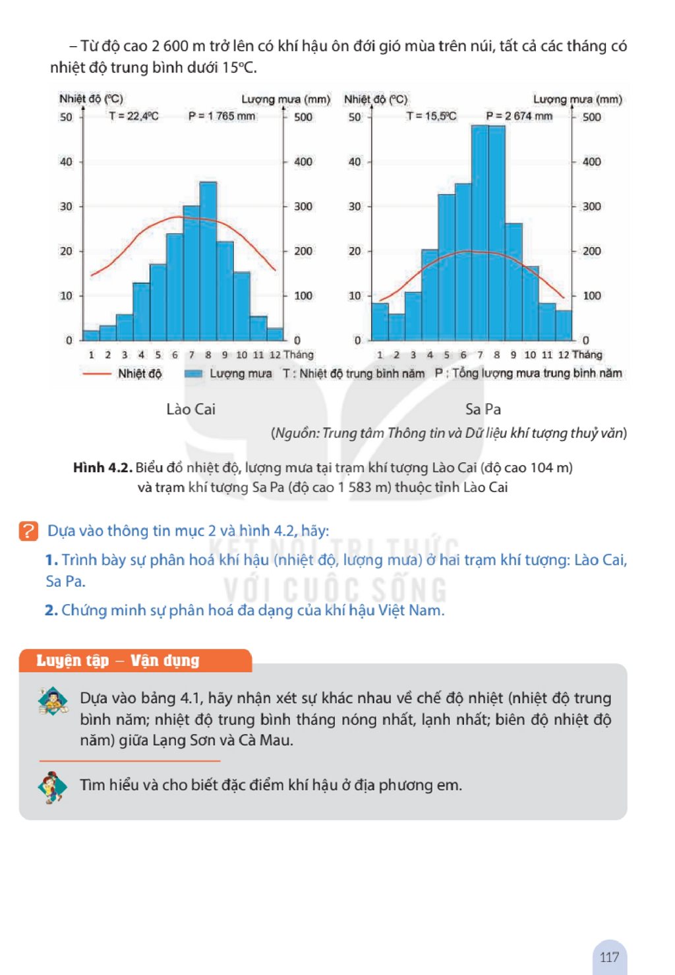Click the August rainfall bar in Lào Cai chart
[208, 261]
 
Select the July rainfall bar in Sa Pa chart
[479, 233]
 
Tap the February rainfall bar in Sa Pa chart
[396, 327]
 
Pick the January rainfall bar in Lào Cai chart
[91, 335]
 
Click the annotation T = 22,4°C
[134, 116]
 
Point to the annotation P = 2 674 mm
[519, 116]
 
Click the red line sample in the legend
[97, 374]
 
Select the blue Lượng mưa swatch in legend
[193, 374]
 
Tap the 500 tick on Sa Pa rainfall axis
[591, 117]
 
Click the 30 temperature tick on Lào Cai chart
[66, 206]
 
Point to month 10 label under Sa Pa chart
[530, 354]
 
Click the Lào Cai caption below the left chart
[191, 409]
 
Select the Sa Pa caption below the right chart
[483, 409]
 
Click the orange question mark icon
[28, 531]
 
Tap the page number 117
[609, 957]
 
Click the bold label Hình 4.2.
[103, 468]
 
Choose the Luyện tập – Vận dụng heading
[117, 660]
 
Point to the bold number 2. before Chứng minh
[51, 610]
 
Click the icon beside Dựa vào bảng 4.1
[53, 700]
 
